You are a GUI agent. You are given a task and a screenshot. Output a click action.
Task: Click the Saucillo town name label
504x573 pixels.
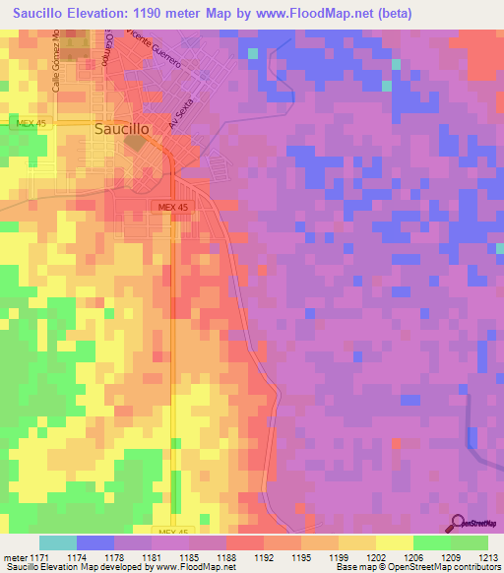point(126,127)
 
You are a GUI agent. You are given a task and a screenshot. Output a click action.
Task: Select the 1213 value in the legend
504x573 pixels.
point(488,558)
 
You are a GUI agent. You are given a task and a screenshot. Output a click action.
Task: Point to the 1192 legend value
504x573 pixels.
point(264,558)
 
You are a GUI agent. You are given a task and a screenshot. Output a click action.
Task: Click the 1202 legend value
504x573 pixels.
point(376,558)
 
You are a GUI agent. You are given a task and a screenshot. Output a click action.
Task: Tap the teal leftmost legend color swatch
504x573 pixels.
point(58,542)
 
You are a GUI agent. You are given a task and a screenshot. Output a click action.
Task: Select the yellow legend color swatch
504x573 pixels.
point(395,542)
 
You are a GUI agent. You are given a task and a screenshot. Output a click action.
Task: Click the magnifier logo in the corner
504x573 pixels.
point(459,524)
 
